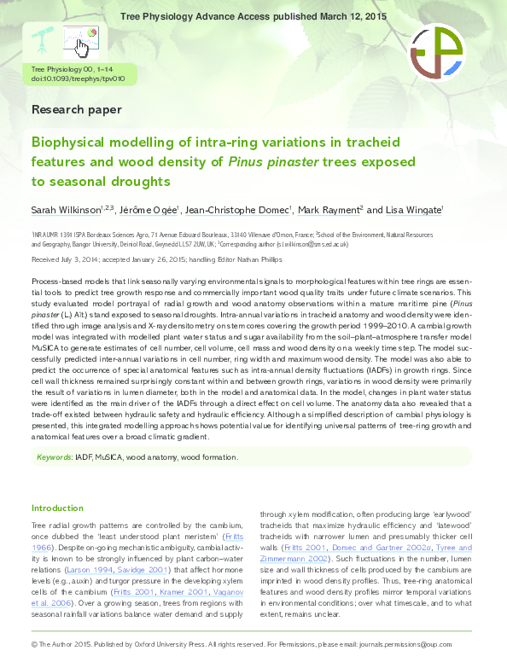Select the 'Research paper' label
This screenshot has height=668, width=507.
(76, 109)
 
